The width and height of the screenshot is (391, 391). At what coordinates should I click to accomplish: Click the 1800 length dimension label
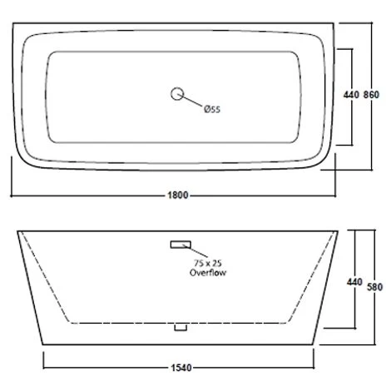(x=178, y=195)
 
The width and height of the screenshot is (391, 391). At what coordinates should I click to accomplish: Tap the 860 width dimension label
(x=371, y=95)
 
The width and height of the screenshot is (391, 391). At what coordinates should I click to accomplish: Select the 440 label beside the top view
(x=351, y=95)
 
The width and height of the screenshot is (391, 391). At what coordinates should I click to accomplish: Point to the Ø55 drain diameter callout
(x=212, y=109)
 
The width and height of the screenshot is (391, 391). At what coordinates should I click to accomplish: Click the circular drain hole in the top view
(x=177, y=94)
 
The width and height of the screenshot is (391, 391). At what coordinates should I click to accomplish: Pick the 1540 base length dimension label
(x=181, y=368)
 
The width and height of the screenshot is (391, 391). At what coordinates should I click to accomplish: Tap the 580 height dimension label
(x=374, y=287)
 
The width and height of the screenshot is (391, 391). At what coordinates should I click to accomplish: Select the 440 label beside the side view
(x=354, y=282)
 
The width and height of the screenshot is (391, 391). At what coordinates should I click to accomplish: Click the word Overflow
(x=208, y=273)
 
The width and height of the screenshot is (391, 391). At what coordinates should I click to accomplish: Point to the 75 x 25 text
(x=208, y=263)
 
